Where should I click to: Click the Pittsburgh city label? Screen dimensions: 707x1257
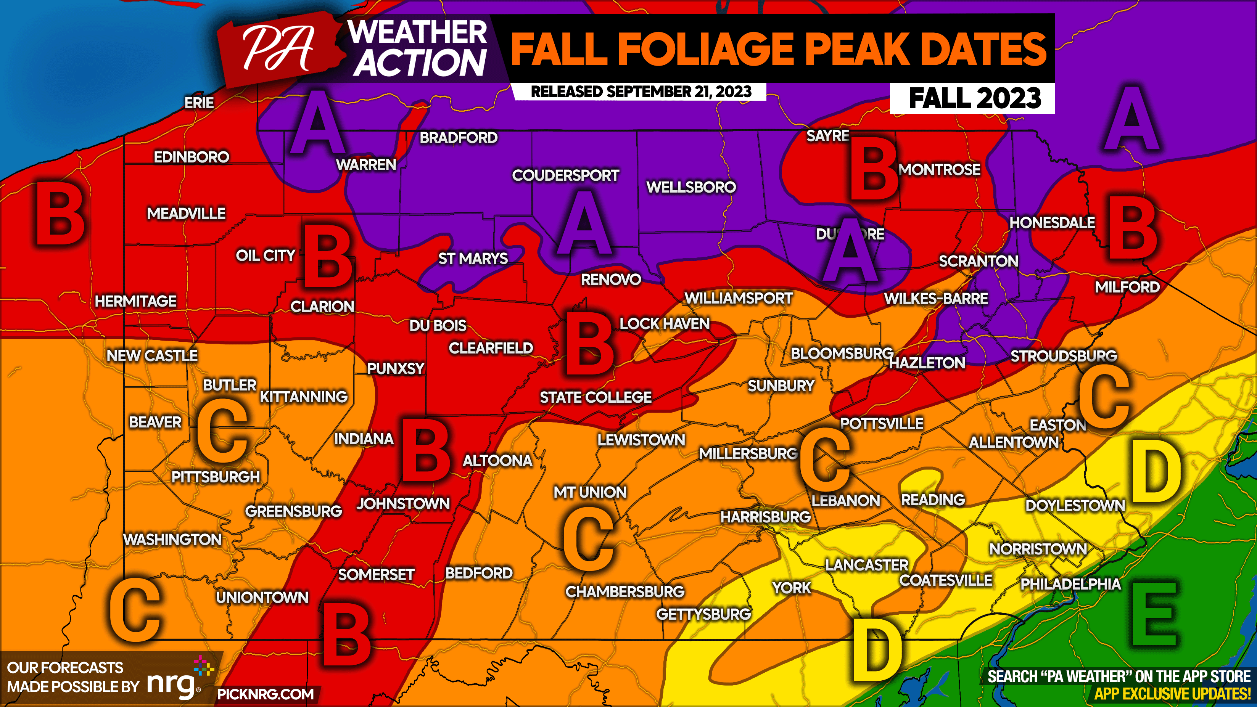tap(216, 477)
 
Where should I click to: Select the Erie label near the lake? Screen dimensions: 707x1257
tap(199, 103)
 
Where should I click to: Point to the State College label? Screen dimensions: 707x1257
tap(596, 397)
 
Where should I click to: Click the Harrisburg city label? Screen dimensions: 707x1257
tap(765, 517)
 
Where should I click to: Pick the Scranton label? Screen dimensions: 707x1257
tap(979, 261)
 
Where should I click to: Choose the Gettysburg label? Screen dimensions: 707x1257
tap(703, 614)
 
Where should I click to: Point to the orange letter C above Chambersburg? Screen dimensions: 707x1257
tap(588, 539)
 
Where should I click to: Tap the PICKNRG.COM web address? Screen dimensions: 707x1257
tap(266, 694)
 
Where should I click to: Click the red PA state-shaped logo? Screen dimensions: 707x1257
tap(280, 49)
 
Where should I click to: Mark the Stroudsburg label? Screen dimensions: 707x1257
tap(1063, 356)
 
